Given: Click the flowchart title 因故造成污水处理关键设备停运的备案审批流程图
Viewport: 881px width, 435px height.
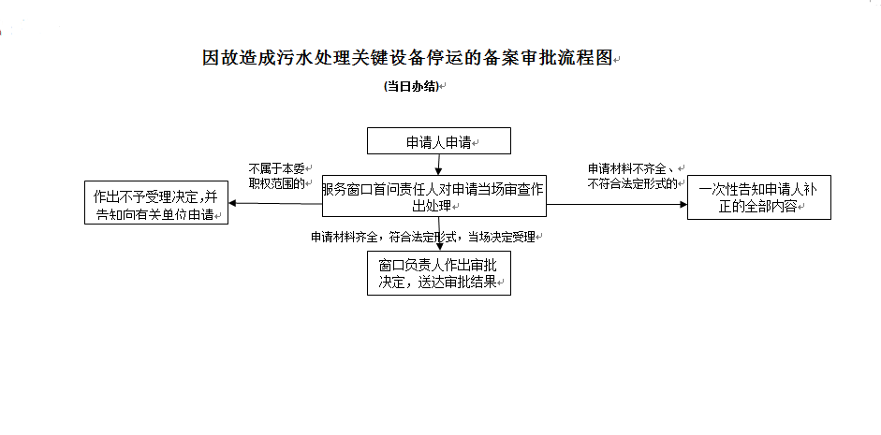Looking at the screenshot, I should [407, 58].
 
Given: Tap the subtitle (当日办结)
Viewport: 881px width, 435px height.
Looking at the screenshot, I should [411, 86].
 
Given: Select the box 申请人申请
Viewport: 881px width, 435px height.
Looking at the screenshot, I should [439, 141].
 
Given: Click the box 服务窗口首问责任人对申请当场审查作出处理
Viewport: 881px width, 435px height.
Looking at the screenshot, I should [434, 196].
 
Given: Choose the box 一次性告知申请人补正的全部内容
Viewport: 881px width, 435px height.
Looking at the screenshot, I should [758, 197].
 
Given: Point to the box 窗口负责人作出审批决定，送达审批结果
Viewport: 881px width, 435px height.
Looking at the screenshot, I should [439, 272].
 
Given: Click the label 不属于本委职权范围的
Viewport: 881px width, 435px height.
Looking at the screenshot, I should [278, 176].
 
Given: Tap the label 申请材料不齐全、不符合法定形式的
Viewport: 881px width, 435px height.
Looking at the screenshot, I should [633, 176].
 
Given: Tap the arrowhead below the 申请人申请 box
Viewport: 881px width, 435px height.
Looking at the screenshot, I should [439, 169].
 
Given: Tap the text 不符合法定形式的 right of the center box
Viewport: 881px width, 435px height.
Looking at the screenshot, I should [632, 183].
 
